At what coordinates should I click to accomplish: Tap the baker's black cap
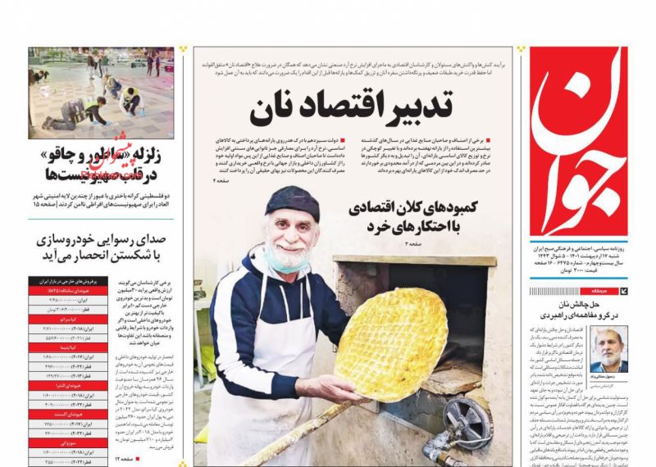click(x=292, y=202)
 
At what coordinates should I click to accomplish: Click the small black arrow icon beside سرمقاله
click(x=624, y=290)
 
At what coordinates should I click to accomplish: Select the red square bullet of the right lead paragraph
click(x=509, y=142)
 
